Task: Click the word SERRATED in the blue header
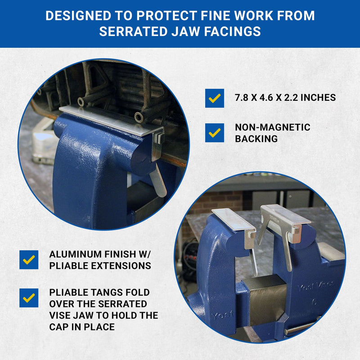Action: (133, 31)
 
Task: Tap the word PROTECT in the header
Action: (166, 16)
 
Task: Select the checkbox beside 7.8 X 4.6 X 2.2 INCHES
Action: (215, 98)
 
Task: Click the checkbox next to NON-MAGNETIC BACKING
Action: (215, 133)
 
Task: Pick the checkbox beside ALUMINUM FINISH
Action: (29, 260)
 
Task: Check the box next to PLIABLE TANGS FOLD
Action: (29, 298)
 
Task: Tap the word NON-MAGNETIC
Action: (273, 127)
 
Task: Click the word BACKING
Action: (256, 139)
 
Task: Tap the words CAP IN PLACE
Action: (82, 327)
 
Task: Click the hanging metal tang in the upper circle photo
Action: (158, 180)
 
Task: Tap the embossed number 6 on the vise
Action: (314, 302)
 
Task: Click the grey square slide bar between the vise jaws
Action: (267, 298)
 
